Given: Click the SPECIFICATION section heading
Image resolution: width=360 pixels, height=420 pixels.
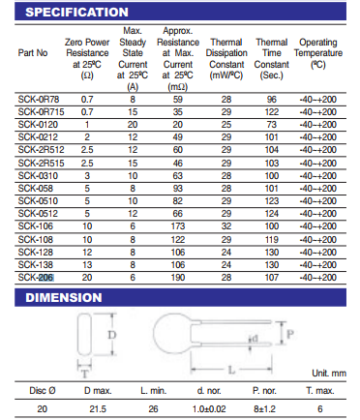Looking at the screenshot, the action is [x=76, y=13].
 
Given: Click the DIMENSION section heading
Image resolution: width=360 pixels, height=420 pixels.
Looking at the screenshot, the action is [x=64, y=297].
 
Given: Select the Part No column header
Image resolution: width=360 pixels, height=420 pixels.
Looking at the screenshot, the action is [x=33, y=53].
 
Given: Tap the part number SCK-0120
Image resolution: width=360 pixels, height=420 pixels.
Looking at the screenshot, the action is [x=38, y=125].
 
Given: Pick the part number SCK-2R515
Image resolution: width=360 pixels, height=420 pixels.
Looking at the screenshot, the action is [x=41, y=163].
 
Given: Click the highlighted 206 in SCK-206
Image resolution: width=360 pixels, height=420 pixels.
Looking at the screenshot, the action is [x=46, y=278].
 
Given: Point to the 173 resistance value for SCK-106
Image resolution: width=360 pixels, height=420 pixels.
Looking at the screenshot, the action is [x=178, y=226].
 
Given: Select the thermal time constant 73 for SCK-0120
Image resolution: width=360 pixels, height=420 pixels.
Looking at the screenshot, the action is [x=272, y=125].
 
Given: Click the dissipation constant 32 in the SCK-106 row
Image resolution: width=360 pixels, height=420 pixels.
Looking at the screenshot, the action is [x=226, y=226].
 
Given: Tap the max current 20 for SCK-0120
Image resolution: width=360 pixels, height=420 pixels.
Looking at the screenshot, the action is [x=133, y=125].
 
